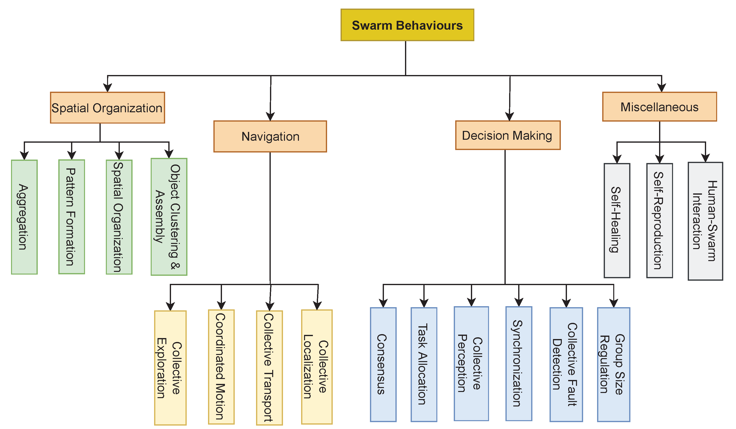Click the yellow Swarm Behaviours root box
pos(407,25)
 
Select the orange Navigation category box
pos(270,137)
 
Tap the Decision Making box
pos(508,135)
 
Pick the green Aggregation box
pos(24,217)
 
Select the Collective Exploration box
pos(170,368)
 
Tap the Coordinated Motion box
pos(221,367)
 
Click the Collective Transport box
pos(269,368)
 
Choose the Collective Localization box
pos(317,367)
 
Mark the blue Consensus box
pos(383,365)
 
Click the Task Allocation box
pos(424,365)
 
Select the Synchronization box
pos(519,364)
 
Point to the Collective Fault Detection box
pos(566,365)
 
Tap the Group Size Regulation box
pos(613,365)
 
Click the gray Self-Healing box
pos(617,220)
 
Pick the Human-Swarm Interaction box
pos(705,221)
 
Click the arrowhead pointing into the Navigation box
pos(270,117)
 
